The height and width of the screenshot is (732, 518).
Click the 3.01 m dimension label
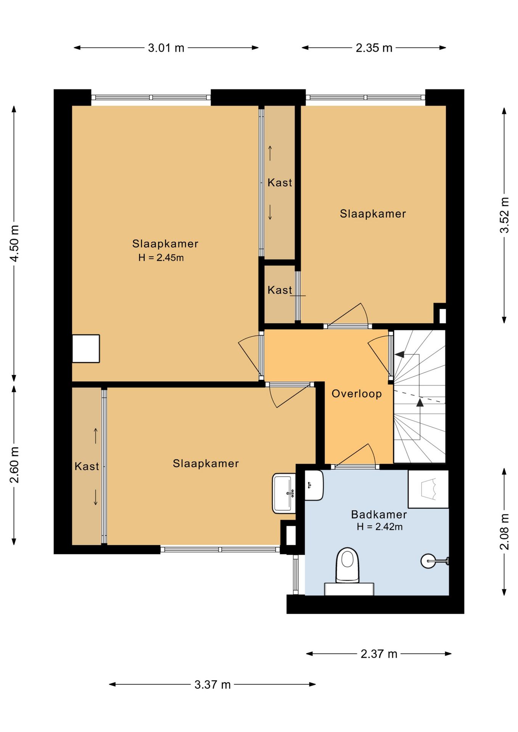[x=166, y=48]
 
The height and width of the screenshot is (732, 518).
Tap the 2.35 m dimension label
[x=374, y=48]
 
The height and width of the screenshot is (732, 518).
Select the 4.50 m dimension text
[x=14, y=243]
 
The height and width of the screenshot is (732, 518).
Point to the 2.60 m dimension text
[x=14, y=465]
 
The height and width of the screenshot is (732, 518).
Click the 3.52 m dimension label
[x=504, y=215]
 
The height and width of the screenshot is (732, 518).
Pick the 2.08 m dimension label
[x=504, y=531]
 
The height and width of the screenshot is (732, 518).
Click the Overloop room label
[x=357, y=393]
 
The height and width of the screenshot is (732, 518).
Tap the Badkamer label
[x=379, y=514]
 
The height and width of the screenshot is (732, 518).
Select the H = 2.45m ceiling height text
[x=161, y=258]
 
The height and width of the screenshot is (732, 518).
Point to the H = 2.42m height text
[x=380, y=527]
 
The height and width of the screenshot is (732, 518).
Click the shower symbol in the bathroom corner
[x=428, y=489]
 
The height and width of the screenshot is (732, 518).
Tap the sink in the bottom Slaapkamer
[x=284, y=493]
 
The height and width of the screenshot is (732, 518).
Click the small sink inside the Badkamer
[x=314, y=485]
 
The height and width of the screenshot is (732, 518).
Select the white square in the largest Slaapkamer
[x=86, y=348]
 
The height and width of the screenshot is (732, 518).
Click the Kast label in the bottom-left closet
[x=87, y=466]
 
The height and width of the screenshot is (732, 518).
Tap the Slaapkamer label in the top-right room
[x=373, y=214]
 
